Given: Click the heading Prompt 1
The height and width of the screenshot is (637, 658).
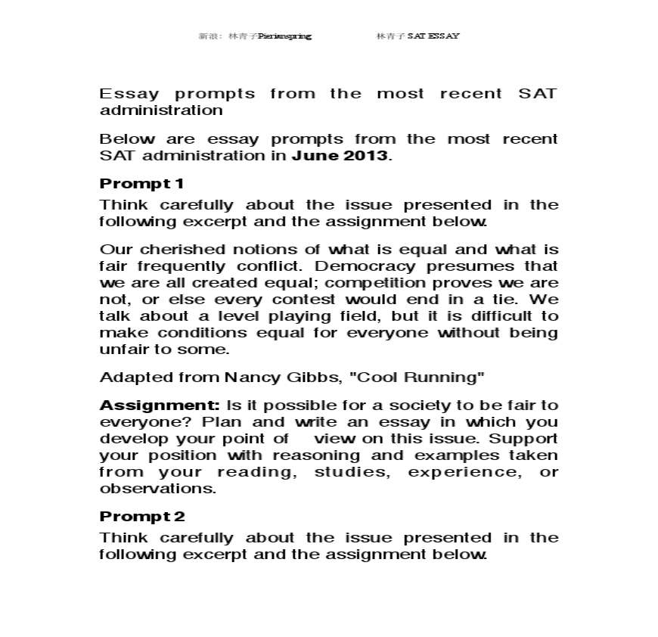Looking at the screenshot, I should [x=141, y=184].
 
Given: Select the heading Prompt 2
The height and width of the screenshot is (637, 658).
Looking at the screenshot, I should [x=141, y=517].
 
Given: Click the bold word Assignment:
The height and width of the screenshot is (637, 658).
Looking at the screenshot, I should [x=160, y=405].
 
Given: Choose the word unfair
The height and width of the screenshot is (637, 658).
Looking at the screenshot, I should [x=119, y=350].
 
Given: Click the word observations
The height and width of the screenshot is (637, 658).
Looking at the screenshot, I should [x=157, y=489].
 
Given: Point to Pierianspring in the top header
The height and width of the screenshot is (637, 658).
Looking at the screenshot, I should [x=284, y=36].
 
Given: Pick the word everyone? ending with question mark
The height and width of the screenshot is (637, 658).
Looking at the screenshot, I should [x=133, y=422].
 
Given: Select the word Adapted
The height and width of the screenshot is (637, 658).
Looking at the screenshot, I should [x=126, y=377].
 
